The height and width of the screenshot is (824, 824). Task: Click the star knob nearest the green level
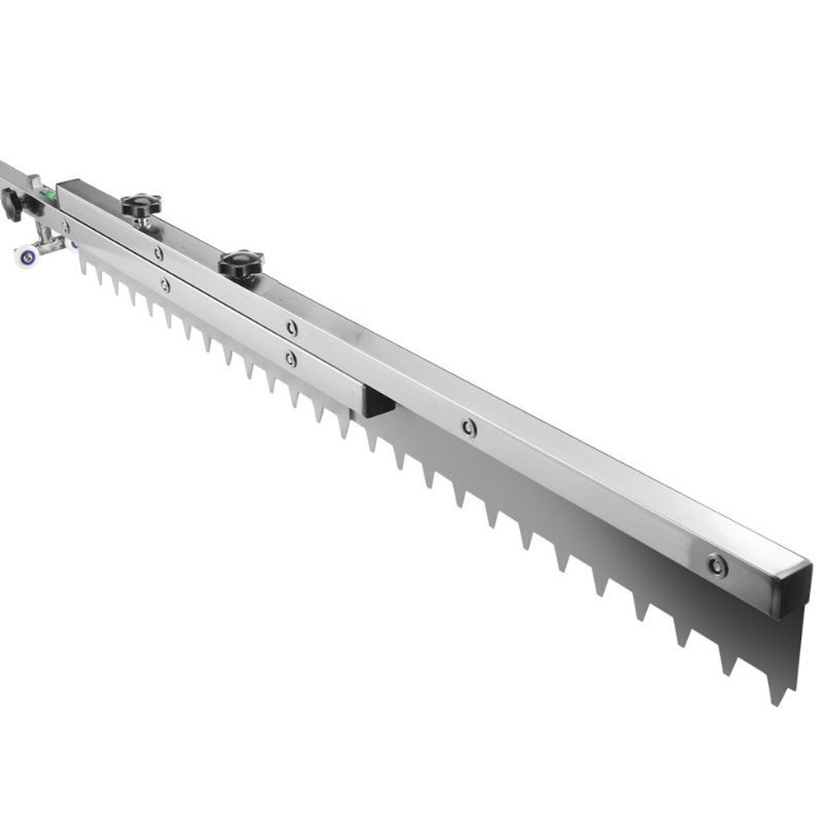(x=141, y=204)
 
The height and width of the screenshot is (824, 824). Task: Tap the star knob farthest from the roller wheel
(x=241, y=264)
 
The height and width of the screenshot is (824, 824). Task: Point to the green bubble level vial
(x=48, y=195)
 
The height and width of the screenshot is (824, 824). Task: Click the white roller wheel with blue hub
(x=26, y=256)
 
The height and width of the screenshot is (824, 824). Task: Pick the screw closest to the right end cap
(x=717, y=565)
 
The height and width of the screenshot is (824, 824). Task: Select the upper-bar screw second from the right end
(x=469, y=427)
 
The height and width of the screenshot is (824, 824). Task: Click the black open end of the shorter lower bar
(x=379, y=401)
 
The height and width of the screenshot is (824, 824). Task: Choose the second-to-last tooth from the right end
(x=728, y=662)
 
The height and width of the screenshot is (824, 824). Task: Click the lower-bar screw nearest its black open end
(x=290, y=358)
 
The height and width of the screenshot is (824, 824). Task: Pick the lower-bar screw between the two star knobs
(x=165, y=285)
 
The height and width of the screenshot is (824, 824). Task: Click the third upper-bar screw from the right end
(x=292, y=327)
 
